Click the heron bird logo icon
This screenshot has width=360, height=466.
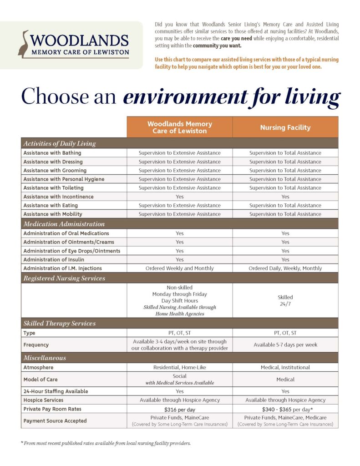click(x=23, y=44)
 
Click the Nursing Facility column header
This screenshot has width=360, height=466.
click(x=285, y=127)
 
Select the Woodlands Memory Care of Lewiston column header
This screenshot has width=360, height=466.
click(x=179, y=127)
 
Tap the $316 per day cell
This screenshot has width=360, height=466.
click(x=179, y=409)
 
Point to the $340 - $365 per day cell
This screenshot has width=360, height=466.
click(x=285, y=409)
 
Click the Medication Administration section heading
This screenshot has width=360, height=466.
click(x=64, y=224)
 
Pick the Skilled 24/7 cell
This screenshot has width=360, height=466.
click(x=285, y=300)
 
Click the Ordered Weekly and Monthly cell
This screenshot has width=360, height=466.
click(x=179, y=268)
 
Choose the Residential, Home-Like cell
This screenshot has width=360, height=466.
click(x=179, y=367)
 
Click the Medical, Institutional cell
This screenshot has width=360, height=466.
click(x=285, y=367)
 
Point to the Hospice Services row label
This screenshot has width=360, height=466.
click(x=43, y=400)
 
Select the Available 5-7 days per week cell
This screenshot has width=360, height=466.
click(x=285, y=344)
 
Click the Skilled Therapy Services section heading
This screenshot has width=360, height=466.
click(x=60, y=324)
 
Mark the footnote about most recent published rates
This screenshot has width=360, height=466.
click(x=106, y=443)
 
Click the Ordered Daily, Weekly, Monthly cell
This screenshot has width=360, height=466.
click(x=285, y=268)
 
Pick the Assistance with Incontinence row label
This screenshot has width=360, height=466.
click(x=58, y=197)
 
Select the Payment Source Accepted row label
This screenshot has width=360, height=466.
click(x=55, y=421)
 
